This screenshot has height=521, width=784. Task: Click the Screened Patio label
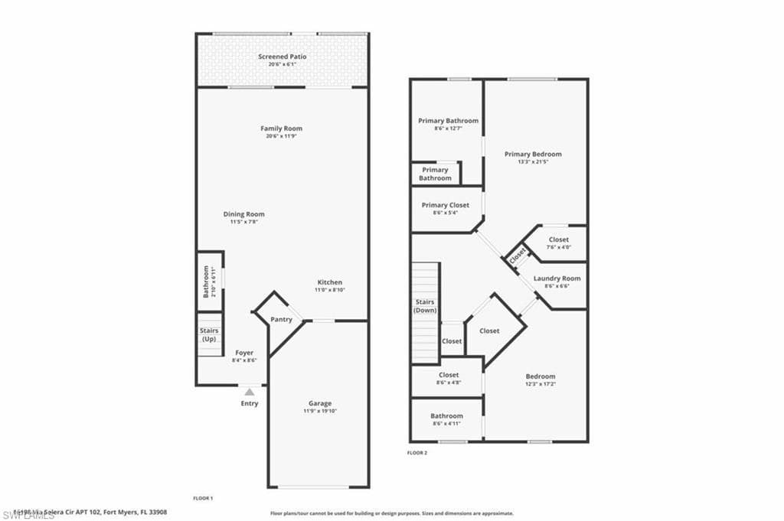(283, 57)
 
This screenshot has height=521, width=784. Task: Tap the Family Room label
(282, 129)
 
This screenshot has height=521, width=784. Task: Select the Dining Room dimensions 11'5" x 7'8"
(243, 223)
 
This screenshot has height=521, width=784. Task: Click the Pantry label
(281, 319)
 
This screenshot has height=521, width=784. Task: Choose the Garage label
(320, 403)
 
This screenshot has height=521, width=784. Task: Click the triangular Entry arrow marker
(249, 392)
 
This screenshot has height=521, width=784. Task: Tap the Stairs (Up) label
(209, 334)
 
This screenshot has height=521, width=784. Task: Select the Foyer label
(244, 353)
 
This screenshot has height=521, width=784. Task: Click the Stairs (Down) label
(426, 306)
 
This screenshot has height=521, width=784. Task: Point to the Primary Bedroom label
(533, 154)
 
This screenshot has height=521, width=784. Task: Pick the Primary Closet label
(445, 205)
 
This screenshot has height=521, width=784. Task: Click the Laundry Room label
(557, 278)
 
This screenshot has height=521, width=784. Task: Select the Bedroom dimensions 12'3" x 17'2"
(540, 384)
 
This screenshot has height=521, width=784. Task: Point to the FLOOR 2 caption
(417, 453)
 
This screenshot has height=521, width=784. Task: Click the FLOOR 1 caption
(202, 498)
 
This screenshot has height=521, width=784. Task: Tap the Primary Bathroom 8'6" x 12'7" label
(448, 121)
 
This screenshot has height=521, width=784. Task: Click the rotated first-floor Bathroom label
(206, 282)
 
